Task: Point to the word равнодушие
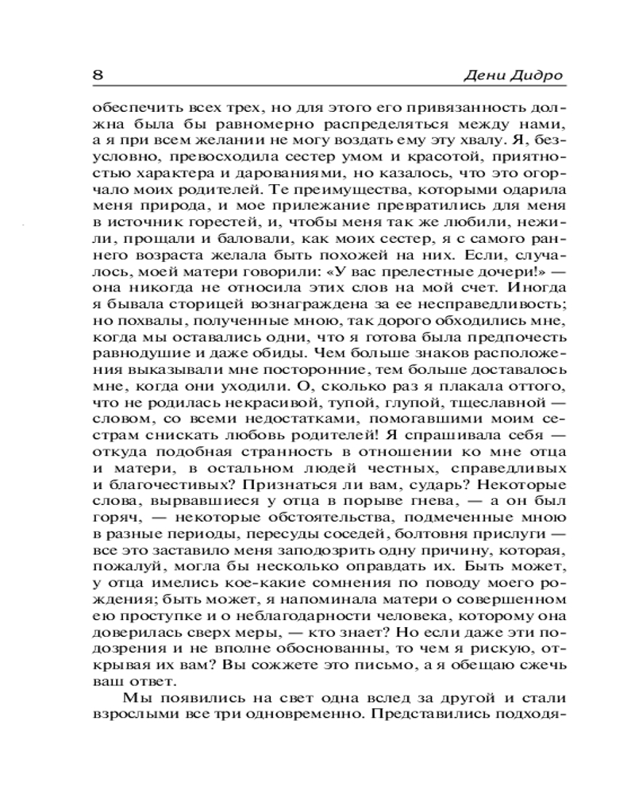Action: pyautogui.click(x=140, y=357)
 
